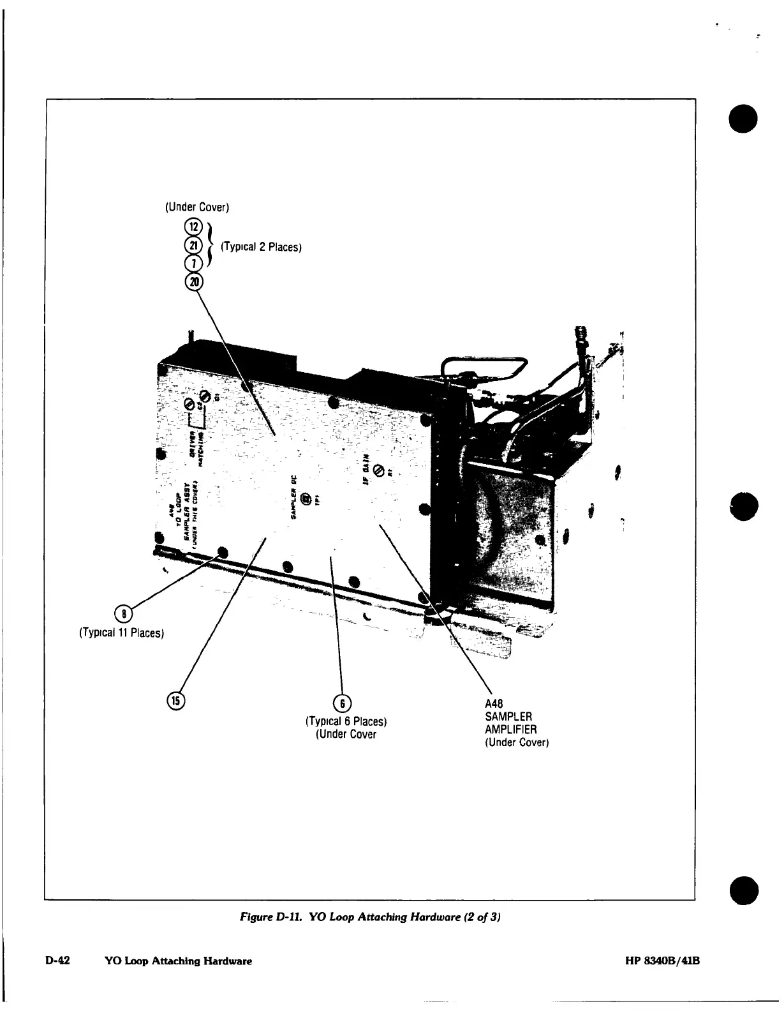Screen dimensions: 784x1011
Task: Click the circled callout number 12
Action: point(192,227)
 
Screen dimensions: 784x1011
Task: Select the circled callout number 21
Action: point(192,244)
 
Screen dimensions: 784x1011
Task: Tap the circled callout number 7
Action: point(192,262)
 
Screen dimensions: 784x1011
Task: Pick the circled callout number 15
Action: point(174,700)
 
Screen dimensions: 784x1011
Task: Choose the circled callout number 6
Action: point(343,703)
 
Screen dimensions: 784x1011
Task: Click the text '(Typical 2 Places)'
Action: point(260,247)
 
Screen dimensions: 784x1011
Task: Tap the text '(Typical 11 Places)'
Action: point(122,633)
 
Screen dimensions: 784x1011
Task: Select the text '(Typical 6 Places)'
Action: point(347,722)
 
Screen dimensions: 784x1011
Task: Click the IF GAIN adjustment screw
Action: point(379,470)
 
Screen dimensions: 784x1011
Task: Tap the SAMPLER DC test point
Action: point(306,500)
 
